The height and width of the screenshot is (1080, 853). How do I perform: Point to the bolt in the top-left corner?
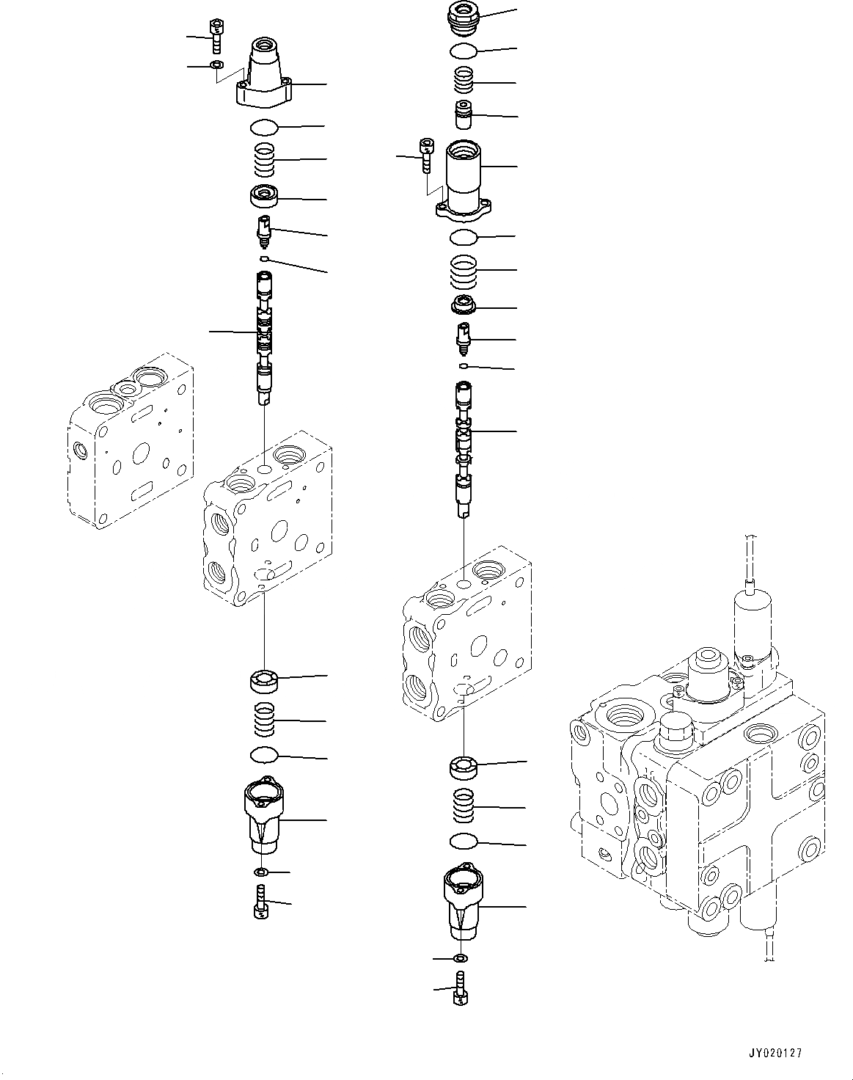[216, 34]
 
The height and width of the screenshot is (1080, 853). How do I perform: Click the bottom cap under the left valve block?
[264, 815]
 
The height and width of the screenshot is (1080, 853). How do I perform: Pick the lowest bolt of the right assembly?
[461, 989]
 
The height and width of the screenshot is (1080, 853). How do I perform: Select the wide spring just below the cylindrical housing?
[464, 271]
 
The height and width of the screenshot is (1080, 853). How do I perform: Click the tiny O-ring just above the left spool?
[263, 259]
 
